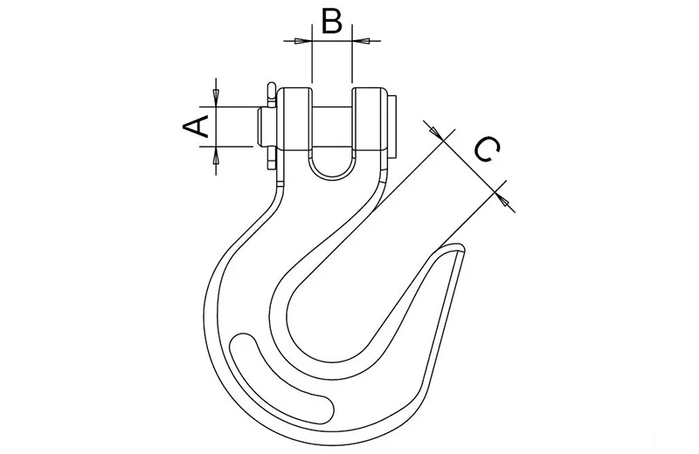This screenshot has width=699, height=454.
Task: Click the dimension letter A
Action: pyautogui.click(x=196, y=127)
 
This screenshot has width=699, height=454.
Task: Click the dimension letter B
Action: pyautogui.click(x=332, y=21)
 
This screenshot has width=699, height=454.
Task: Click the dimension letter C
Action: pyautogui.click(x=487, y=149)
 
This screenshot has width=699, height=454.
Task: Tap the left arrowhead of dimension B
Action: pyautogui.click(x=301, y=41)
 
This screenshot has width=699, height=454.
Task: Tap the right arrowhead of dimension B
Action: pyautogui.click(x=361, y=41)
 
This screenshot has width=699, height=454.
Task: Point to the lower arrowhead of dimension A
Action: pyautogui.click(x=216, y=155)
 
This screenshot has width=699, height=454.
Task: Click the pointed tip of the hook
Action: pyautogui.click(x=462, y=248)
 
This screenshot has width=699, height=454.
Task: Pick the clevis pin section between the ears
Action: pyautogui.click(x=332, y=128)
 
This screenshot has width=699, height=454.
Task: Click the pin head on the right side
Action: pyautogui.click(x=391, y=127)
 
